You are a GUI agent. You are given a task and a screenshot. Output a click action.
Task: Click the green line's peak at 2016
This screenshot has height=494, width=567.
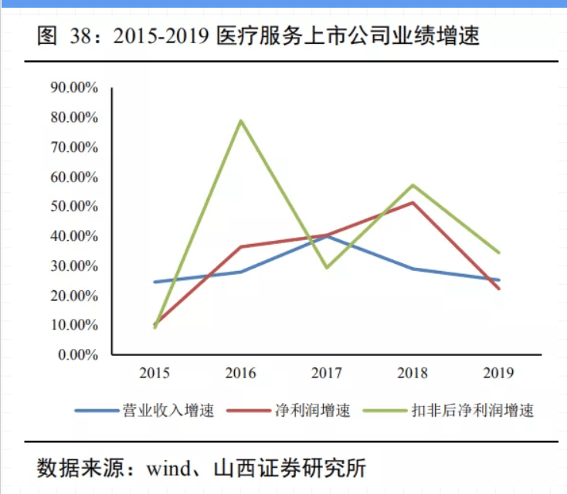(x=241, y=120)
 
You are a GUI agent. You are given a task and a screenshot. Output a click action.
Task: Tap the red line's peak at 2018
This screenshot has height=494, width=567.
(x=413, y=202)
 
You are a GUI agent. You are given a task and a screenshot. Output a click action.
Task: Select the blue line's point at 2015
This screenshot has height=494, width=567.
(x=155, y=282)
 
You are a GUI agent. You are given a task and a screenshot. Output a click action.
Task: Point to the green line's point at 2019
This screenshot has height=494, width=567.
(x=499, y=252)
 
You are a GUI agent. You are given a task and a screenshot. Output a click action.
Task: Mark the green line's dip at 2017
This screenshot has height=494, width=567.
(x=327, y=267)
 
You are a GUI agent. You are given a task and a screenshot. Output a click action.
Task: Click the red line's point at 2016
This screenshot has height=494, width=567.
(x=241, y=247)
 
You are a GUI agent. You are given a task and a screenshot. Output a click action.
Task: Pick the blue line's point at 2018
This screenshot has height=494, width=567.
(x=413, y=269)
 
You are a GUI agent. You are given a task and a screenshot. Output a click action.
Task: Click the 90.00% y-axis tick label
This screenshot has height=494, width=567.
(x=74, y=88)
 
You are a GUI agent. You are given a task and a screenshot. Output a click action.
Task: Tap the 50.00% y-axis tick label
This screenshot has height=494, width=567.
(x=74, y=207)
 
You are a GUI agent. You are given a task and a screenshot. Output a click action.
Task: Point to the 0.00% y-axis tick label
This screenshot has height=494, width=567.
(x=77, y=355)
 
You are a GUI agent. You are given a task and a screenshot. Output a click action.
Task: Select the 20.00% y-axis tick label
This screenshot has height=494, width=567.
(x=74, y=296)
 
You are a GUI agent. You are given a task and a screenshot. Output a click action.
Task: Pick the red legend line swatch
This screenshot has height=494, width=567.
(x=248, y=410)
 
